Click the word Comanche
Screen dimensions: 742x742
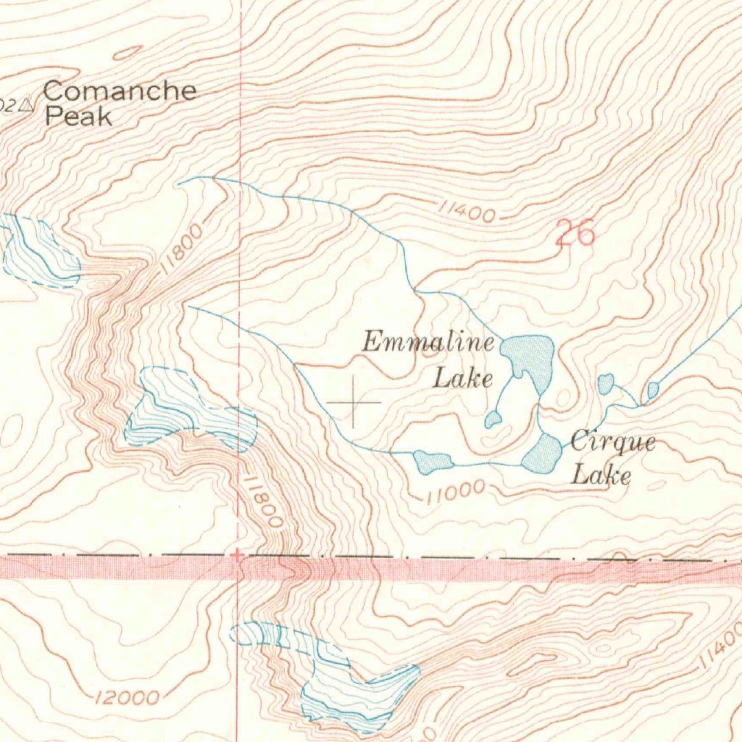coord(120,91)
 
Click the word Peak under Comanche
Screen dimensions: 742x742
coord(78,117)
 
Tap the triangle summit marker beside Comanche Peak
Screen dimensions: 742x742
coord(28,105)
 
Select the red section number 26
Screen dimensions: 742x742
coord(575,233)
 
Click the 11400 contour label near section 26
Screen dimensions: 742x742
coord(467,212)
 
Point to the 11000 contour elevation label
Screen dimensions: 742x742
coord(454,493)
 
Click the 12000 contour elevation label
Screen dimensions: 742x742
coord(127,698)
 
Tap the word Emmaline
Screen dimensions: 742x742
coord(428,341)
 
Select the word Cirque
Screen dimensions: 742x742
coord(612,441)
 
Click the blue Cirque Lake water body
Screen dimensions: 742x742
coord(543,454)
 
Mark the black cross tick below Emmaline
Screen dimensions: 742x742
coord(353,401)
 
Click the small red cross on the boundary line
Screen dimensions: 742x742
coord(237,555)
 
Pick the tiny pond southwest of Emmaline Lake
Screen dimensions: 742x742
coord(493,418)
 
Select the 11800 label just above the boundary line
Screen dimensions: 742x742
coord(264,501)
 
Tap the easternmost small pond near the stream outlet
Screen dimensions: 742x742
coord(652,390)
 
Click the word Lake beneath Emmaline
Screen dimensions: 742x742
coord(463,378)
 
